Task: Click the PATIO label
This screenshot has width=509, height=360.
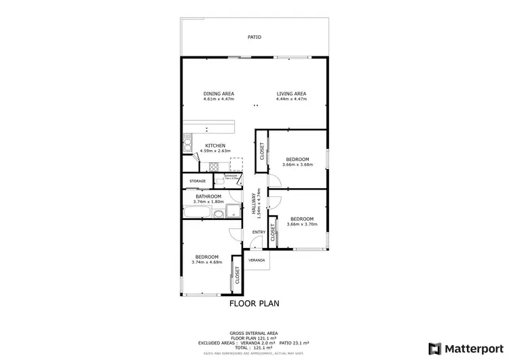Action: [x=254, y=37]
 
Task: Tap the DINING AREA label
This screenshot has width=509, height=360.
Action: [x=219, y=94]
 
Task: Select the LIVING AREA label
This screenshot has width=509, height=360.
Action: [x=291, y=94]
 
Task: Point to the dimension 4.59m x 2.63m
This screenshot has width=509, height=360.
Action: [x=216, y=151]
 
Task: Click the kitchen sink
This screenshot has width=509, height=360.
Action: [x=186, y=143]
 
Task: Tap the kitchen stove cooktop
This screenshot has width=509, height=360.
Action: [x=213, y=166]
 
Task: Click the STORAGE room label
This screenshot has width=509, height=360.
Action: [x=197, y=181]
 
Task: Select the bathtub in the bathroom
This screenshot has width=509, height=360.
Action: [x=196, y=213]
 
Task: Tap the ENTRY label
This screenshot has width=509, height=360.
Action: [x=259, y=232]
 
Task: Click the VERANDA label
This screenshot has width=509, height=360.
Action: [x=257, y=260]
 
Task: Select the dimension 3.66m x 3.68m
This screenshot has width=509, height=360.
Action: [x=297, y=164]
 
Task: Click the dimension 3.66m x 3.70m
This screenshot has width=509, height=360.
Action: [x=300, y=225]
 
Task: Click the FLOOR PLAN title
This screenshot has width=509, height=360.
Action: [x=254, y=304]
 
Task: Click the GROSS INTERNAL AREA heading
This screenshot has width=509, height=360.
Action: [x=254, y=333]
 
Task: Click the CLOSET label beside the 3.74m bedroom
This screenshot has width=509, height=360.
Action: [x=238, y=274]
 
